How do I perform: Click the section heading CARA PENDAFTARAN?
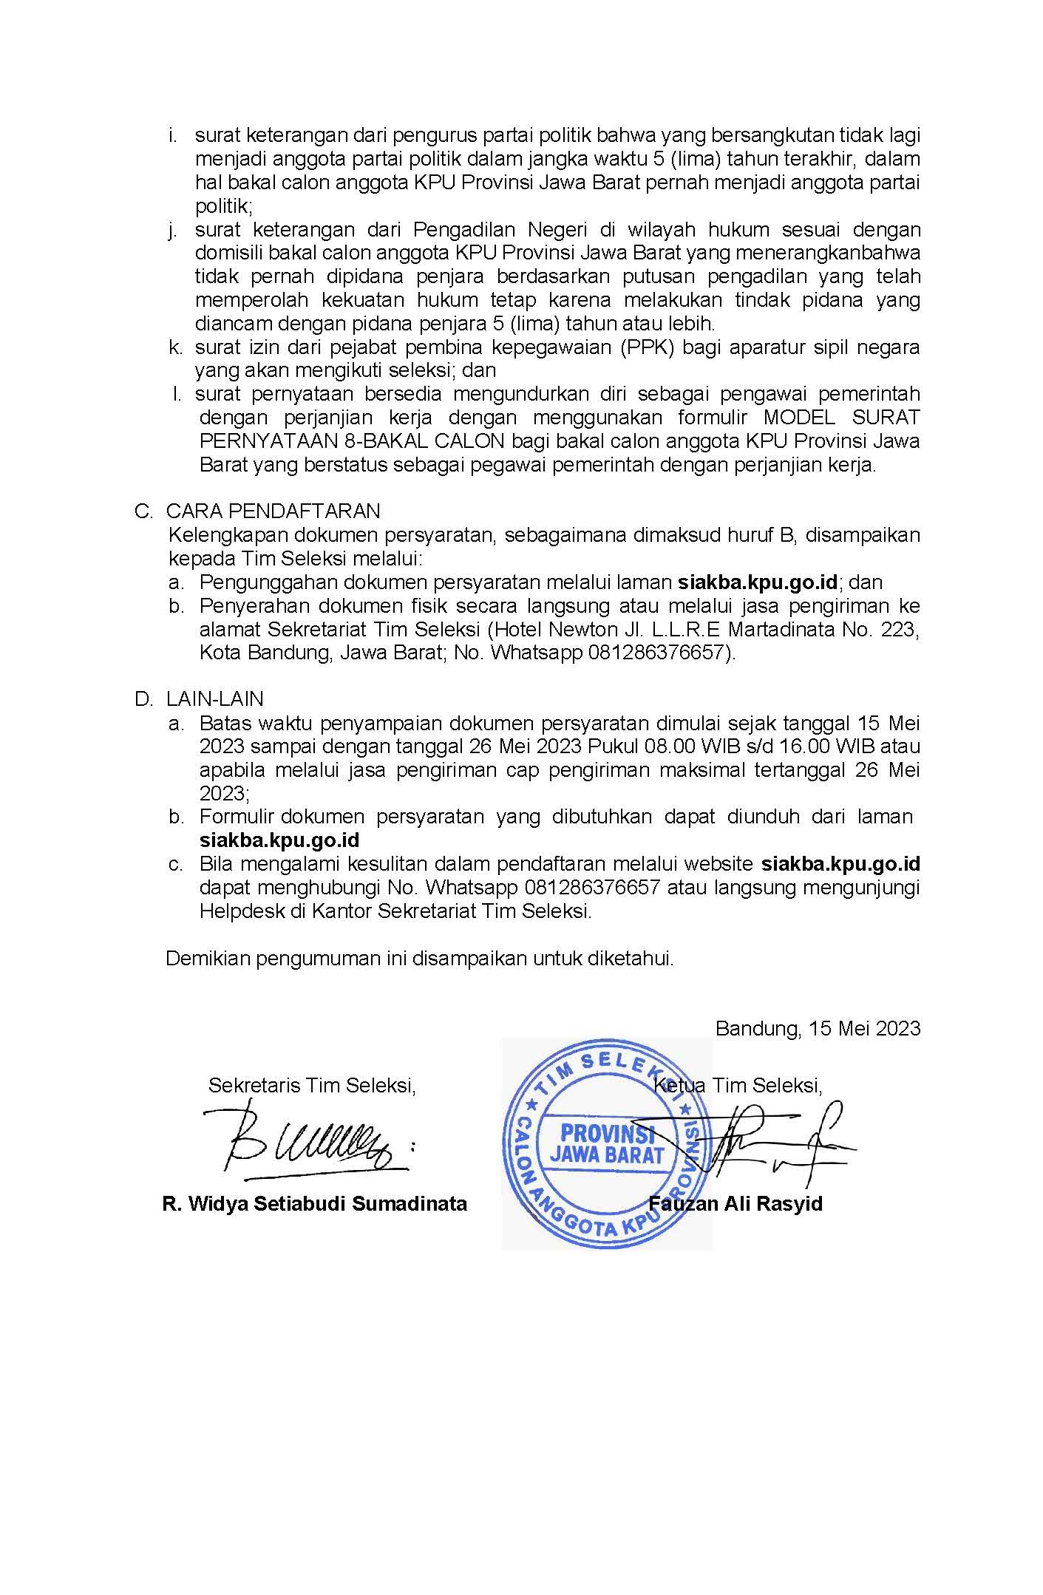pyautogui.click(x=273, y=511)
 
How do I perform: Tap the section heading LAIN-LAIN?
pyautogui.click(x=214, y=698)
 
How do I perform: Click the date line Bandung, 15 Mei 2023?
pyautogui.click(x=818, y=1028)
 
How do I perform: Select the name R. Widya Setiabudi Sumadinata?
pyautogui.click(x=314, y=1203)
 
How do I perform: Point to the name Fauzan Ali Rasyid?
pyautogui.click(x=735, y=1203)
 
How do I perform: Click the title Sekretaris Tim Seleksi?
pyautogui.click(x=312, y=1085)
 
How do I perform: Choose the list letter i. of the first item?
pyautogui.click(x=174, y=135)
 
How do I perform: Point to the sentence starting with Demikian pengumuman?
pyautogui.click(x=419, y=959)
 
